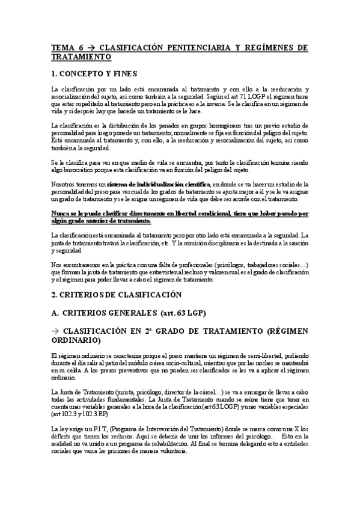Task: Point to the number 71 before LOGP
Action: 230,96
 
